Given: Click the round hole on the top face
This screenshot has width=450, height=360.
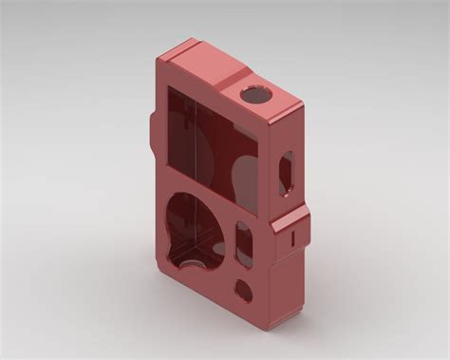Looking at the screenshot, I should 255,94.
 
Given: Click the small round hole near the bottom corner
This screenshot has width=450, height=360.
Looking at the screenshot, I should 243,291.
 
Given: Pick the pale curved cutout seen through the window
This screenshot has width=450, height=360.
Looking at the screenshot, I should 237,176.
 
